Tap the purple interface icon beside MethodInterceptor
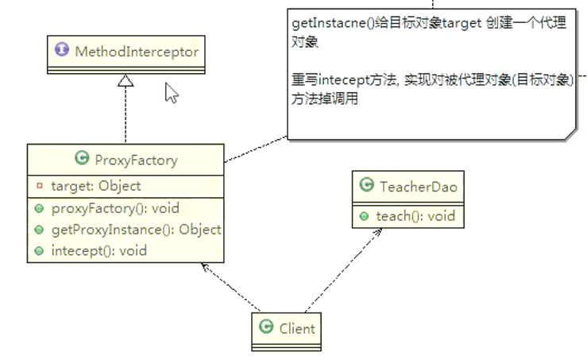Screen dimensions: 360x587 click(62, 51)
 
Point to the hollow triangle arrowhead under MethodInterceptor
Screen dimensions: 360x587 click(126, 79)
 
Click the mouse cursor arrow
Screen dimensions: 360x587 click(171, 93)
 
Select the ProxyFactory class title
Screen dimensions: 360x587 click(136, 160)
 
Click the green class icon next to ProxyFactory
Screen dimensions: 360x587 click(81, 159)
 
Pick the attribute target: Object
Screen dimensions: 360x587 click(95, 186)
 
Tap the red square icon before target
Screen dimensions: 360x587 click(39, 187)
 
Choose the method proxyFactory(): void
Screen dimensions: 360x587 click(115, 208)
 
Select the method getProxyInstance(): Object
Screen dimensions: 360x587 click(136, 229)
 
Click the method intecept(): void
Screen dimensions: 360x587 click(99, 250)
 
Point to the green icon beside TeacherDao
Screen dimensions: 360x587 click(366, 186)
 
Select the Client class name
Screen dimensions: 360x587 click(297, 327)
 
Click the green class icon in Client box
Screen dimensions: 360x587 click(268, 327)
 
